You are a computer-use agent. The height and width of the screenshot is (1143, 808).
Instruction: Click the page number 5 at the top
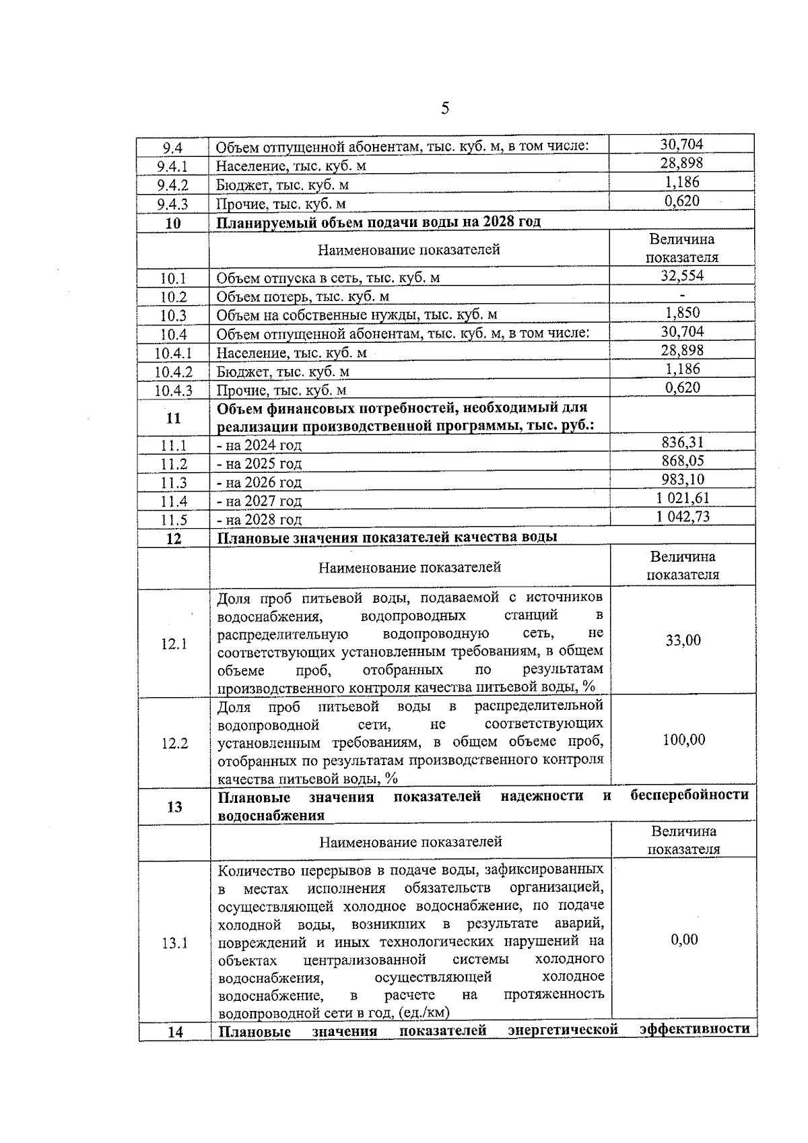[445, 108]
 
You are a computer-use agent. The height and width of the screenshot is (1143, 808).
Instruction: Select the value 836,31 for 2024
[683, 442]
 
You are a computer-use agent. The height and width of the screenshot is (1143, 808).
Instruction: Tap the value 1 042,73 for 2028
[683, 517]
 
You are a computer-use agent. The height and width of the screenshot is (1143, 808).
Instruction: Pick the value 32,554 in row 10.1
[682, 275]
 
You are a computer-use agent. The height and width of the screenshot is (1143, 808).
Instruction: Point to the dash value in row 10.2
[682, 295]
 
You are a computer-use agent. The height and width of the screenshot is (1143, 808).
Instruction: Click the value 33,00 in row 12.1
[683, 640]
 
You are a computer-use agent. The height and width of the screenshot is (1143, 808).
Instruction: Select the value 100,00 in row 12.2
[683, 740]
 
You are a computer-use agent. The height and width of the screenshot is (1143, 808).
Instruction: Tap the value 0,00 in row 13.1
[684, 939]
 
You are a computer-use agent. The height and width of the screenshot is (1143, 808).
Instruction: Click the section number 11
[173, 418]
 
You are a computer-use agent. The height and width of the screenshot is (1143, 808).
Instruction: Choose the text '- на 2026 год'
[259, 482]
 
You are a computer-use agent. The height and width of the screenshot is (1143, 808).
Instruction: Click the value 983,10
[683, 479]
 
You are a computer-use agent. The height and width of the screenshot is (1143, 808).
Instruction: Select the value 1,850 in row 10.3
[682, 313]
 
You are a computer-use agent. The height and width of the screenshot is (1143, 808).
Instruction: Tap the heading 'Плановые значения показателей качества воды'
[387, 537]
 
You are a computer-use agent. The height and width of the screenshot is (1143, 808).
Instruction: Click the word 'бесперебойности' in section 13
[689, 795]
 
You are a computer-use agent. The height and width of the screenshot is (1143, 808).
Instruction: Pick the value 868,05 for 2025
[683, 461]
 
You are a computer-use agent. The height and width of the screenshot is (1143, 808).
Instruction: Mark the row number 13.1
[174, 943]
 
